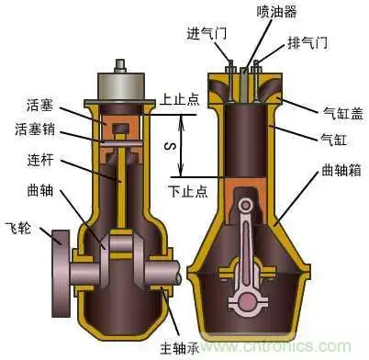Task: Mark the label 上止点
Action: click(x=178, y=96)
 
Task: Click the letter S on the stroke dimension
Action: click(x=167, y=143)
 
